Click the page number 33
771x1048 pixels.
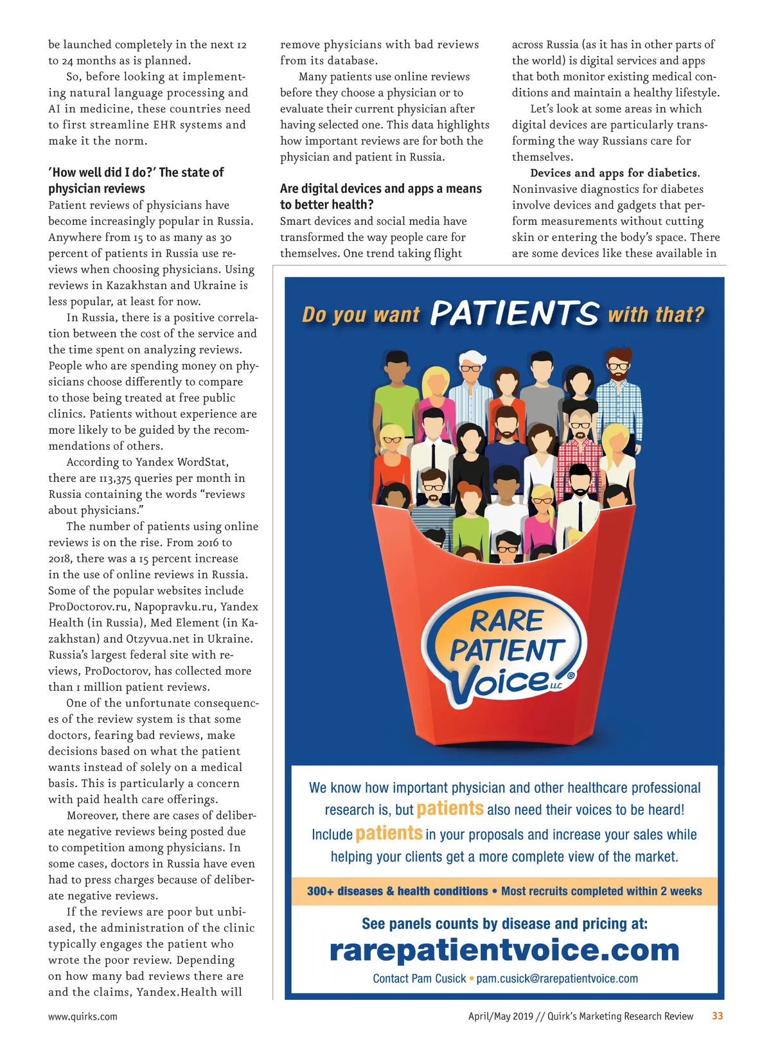click(x=717, y=1016)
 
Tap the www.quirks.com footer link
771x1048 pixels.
click(x=83, y=1017)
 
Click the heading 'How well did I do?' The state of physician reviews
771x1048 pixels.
click(x=136, y=181)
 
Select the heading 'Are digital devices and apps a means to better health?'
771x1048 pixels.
click(x=380, y=197)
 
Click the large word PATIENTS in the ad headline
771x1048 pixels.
click(x=514, y=314)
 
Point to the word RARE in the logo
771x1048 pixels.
click(x=507, y=621)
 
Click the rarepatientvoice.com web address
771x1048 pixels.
click(x=504, y=950)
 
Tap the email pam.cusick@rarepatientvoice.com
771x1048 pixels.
click(x=557, y=979)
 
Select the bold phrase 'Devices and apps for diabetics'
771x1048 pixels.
click(x=614, y=173)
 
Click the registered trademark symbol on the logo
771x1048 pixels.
click(x=571, y=675)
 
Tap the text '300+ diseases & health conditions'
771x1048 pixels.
click(x=397, y=891)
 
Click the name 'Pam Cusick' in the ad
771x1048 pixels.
click(x=438, y=979)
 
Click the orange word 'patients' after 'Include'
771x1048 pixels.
click(x=389, y=833)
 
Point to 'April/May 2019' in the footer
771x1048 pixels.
click(x=501, y=1017)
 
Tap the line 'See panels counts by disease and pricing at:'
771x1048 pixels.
click(x=504, y=924)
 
